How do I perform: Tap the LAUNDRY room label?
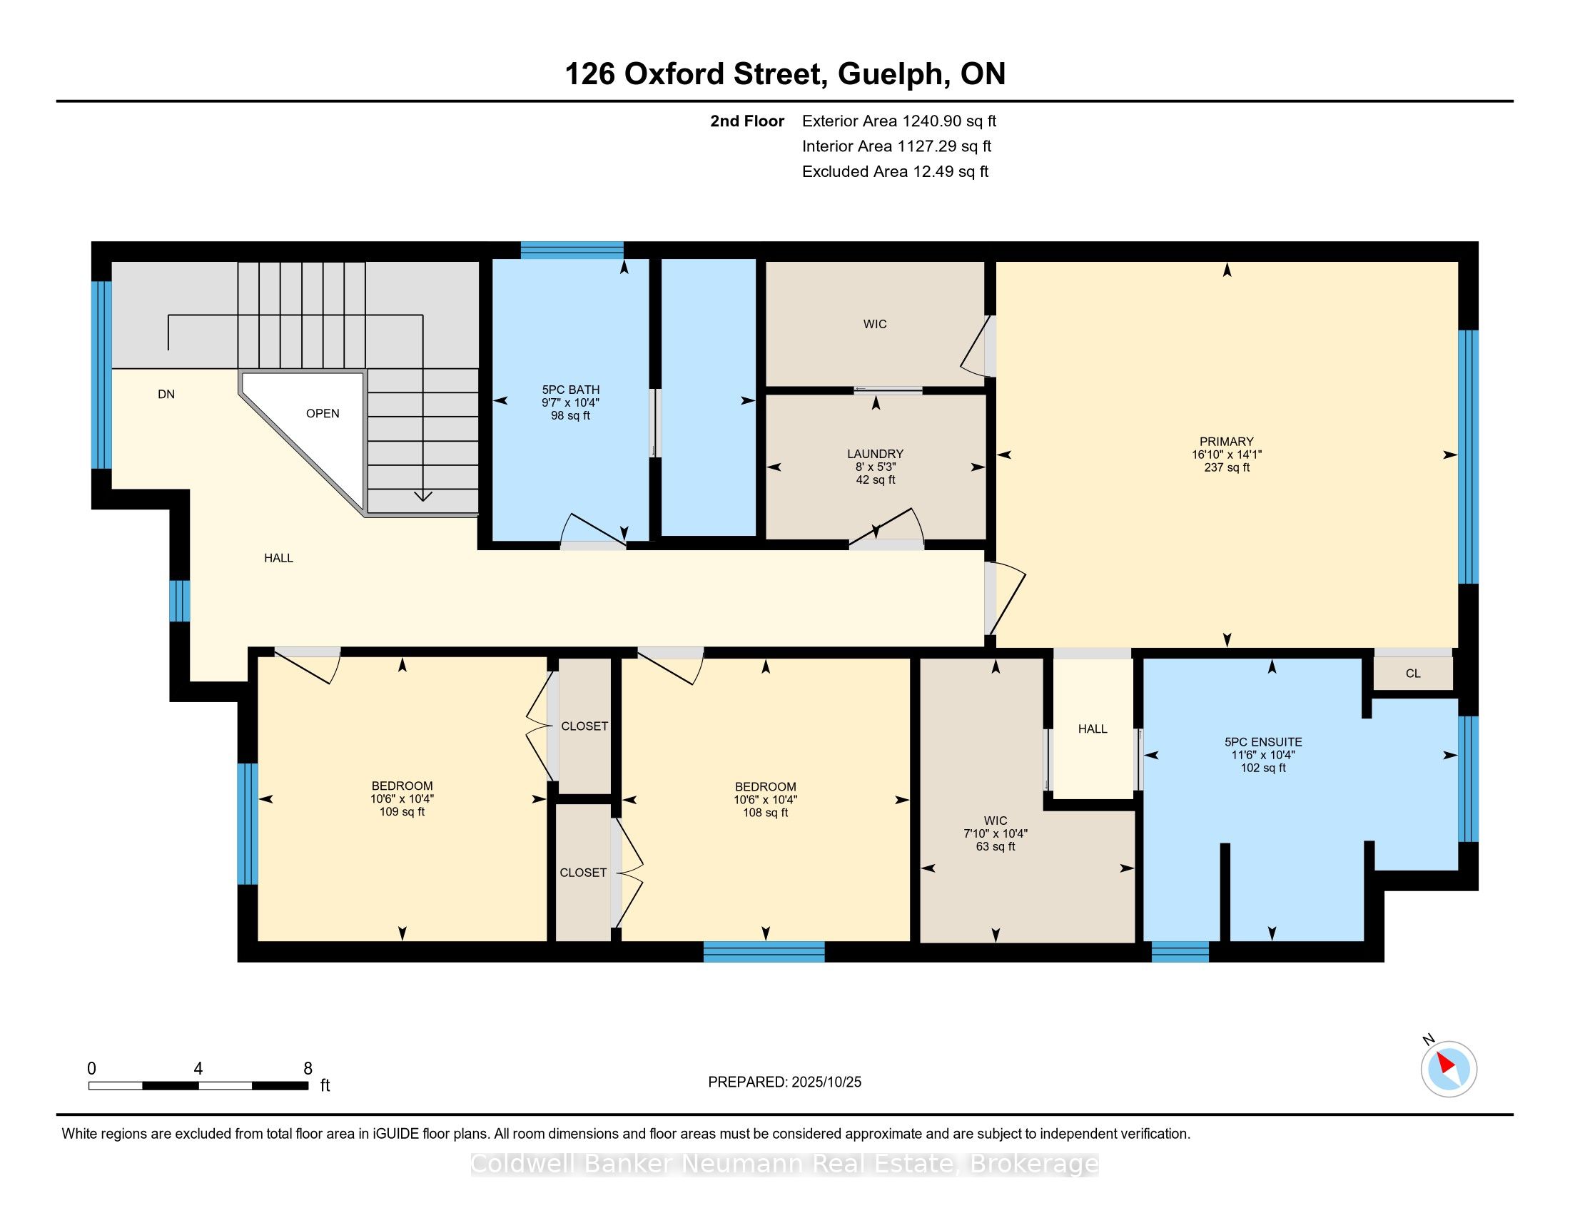[x=875, y=453]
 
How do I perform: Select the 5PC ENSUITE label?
[x=1263, y=741]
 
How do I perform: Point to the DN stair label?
[x=166, y=394]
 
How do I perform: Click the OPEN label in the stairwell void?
[x=323, y=413]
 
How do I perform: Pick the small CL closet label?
[x=1413, y=674]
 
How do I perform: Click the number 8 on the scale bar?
[x=308, y=1069]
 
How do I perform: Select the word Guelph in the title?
[x=891, y=74]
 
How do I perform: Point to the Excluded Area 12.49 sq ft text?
[x=895, y=172]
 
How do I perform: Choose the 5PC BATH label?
[x=571, y=390]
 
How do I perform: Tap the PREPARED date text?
[x=784, y=1082]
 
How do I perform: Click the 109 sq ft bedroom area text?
[x=402, y=811]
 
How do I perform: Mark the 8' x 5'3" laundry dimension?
[x=875, y=467]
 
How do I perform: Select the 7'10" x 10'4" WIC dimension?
[x=995, y=833]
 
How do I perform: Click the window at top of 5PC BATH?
[x=572, y=250]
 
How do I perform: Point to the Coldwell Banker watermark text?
[x=784, y=1164]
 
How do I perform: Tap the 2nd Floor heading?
[x=747, y=121]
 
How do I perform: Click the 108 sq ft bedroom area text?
[x=765, y=812]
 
